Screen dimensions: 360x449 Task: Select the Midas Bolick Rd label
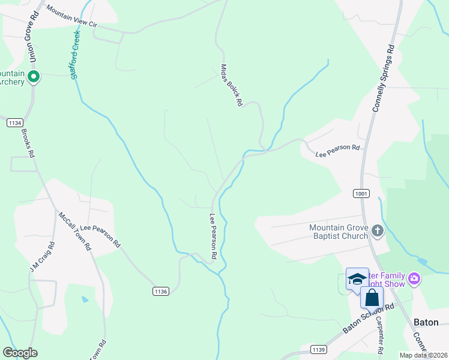point(231,85)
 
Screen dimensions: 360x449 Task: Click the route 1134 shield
point(15,122)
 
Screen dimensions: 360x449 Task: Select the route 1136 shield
point(160,291)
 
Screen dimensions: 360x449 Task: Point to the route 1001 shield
point(361,193)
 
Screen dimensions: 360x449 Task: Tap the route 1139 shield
point(319,349)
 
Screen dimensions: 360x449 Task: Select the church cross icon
point(377,231)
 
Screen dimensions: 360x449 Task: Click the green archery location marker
point(34,77)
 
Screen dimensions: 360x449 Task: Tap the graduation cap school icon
point(357,278)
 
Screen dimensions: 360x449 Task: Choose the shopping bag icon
point(372,297)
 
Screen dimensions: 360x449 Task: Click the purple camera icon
point(414,278)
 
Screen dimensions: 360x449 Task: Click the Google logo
point(20,353)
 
